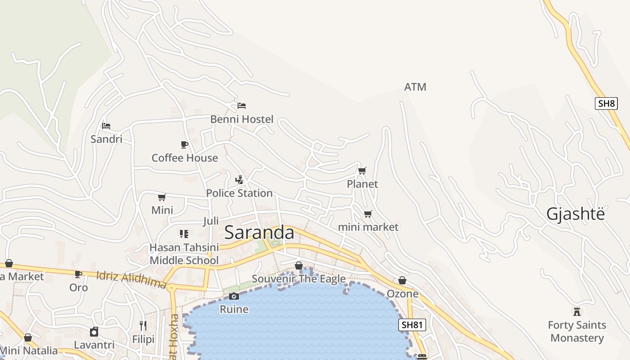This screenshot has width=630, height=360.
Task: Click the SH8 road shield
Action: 606,103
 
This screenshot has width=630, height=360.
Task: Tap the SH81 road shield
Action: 412,325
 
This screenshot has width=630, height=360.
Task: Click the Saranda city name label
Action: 259,233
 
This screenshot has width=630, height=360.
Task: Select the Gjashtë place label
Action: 576,214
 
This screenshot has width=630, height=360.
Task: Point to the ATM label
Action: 415,87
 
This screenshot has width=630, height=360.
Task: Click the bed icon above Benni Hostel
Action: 242,106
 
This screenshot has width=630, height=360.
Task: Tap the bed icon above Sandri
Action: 106,126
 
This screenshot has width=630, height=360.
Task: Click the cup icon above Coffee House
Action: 184,144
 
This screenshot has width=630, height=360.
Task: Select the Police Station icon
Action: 239,180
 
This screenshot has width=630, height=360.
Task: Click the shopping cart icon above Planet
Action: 362,171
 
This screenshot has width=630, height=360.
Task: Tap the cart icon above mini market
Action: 368,214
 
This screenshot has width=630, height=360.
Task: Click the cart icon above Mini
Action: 162,197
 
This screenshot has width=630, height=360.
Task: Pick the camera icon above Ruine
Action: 234,296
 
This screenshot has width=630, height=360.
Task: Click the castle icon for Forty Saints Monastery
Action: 577,311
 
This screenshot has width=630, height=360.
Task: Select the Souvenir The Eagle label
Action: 298,279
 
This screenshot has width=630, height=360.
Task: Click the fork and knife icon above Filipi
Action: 143,326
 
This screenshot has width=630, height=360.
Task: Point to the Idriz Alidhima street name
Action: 131,279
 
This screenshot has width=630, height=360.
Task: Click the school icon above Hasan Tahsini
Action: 184,234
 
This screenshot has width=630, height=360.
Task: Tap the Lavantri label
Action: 94,345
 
